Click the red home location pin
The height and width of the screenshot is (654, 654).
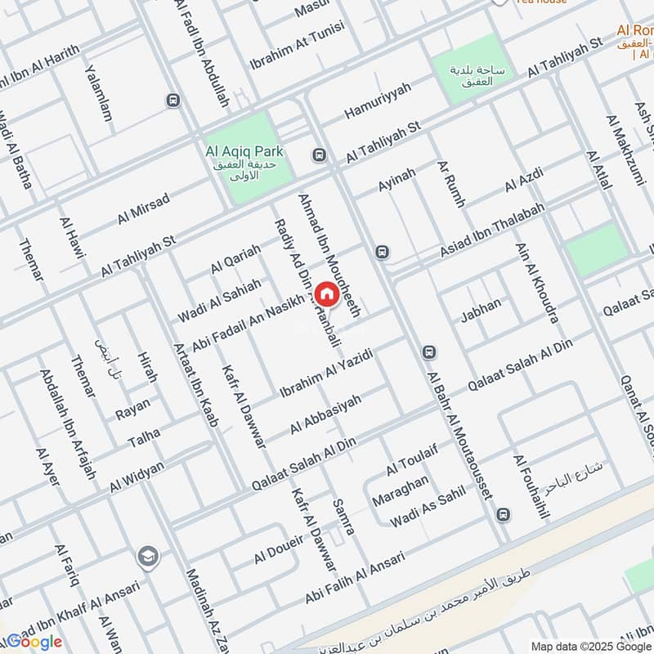(x=325, y=294)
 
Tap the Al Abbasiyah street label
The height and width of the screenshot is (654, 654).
(x=325, y=414)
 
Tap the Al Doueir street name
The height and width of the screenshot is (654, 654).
(x=279, y=549)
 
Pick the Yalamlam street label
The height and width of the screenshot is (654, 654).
(x=99, y=94)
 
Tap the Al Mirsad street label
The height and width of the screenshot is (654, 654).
(x=143, y=208)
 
